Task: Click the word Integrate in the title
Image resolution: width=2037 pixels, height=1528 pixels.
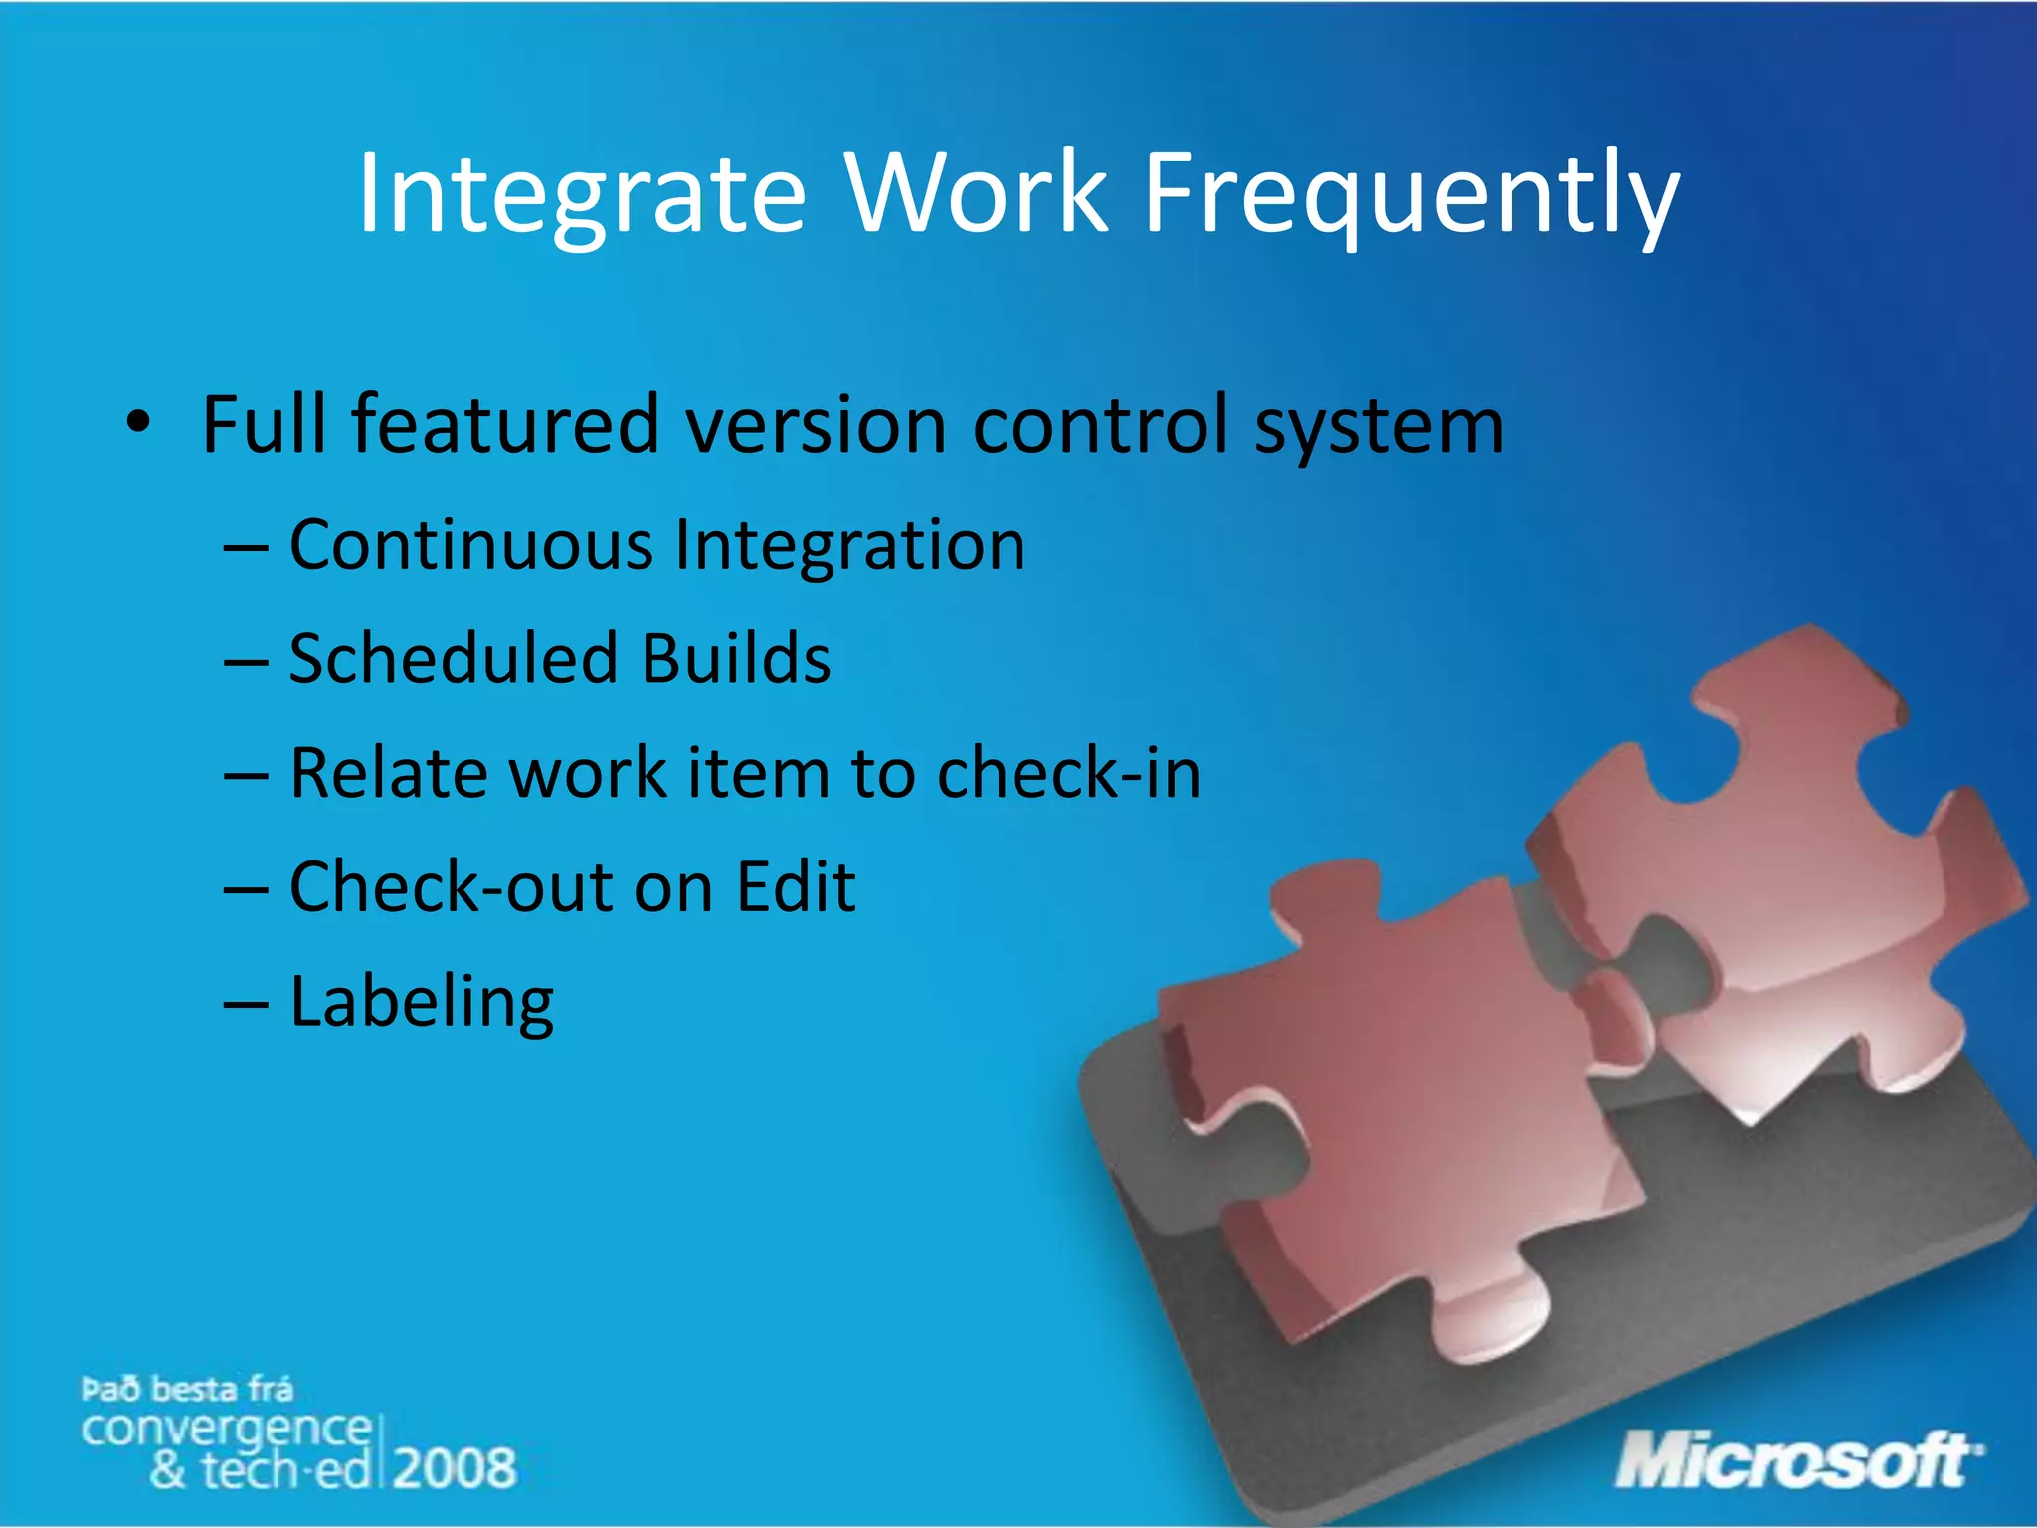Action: coord(581,194)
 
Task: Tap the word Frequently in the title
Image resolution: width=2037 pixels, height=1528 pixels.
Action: coord(1411,194)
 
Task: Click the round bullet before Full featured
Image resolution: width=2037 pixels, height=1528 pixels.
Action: coord(138,424)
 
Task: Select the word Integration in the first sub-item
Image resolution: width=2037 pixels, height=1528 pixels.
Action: coord(849,547)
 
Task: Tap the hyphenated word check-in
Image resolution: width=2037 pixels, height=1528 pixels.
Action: coord(1068,773)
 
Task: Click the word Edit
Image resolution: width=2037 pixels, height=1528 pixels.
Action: coord(795,886)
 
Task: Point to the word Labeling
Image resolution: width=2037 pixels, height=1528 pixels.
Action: coord(422,1003)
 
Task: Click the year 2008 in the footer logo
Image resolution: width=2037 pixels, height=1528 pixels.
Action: coord(456,1468)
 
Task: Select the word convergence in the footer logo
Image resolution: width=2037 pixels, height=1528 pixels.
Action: coord(227,1430)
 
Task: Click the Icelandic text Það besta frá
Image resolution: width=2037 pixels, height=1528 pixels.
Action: coord(187,1388)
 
